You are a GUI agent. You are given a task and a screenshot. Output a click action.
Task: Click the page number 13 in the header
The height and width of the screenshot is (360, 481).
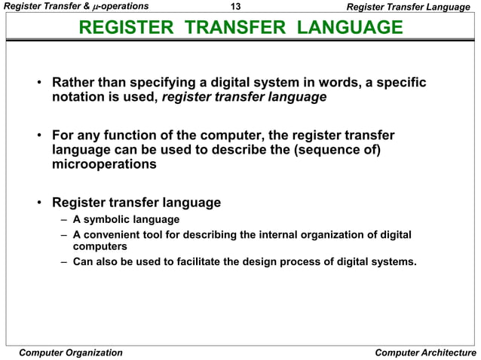(235, 7)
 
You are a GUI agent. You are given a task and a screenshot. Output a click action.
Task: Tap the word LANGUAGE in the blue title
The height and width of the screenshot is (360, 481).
(349, 29)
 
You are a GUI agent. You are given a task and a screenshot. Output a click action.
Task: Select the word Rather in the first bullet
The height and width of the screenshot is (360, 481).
(72, 82)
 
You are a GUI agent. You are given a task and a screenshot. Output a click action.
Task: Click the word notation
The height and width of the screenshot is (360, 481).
(78, 97)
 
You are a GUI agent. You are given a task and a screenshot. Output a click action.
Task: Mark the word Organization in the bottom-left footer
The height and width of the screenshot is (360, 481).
(92, 352)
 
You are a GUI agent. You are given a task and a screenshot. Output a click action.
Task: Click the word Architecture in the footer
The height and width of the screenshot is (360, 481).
(446, 352)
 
